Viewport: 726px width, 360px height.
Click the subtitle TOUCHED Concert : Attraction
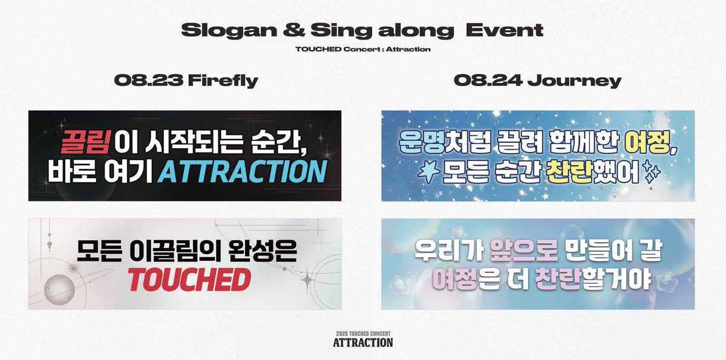(362, 49)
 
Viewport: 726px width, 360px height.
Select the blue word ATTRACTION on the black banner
(241, 171)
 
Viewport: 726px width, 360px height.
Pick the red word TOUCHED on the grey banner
(189, 279)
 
